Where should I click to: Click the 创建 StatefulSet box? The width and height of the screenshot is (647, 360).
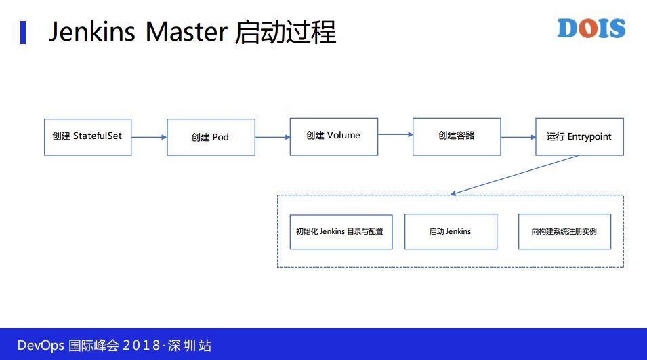87,136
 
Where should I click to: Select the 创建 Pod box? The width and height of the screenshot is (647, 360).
211,137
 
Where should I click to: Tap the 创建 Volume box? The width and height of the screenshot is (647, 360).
333,136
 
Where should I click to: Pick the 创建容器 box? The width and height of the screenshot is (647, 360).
457,136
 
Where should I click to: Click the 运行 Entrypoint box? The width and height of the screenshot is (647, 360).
579,136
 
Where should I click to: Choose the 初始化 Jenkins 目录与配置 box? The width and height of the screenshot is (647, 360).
341,231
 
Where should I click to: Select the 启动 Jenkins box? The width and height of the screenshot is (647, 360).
451,231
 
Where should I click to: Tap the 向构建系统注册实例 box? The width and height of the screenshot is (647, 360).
564,231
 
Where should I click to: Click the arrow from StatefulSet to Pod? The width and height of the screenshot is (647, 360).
149,137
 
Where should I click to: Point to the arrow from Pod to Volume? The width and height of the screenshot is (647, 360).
272,137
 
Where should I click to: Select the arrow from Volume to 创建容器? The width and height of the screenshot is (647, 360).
395,135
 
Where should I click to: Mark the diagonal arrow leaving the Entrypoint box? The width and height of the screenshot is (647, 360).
515,175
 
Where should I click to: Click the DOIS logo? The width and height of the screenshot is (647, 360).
591,28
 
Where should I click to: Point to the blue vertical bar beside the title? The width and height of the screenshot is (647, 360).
23,32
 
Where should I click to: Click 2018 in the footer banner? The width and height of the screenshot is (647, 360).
140,345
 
